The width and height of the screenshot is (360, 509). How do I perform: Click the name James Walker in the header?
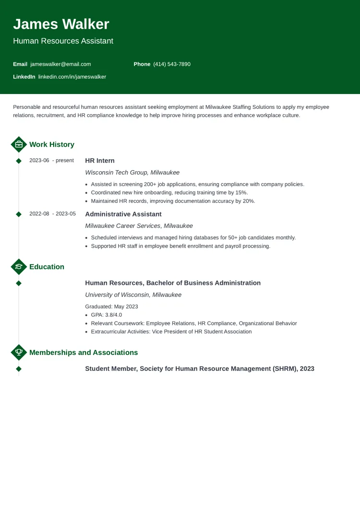(61, 24)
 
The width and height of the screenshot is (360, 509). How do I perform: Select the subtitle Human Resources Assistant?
(63, 41)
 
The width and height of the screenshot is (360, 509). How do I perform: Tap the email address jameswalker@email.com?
(60, 64)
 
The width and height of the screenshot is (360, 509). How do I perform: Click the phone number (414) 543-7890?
(171, 64)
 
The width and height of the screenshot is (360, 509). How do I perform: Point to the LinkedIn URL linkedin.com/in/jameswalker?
(72, 77)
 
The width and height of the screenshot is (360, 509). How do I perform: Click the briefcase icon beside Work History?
(19, 144)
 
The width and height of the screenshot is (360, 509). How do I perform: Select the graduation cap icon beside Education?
(19, 267)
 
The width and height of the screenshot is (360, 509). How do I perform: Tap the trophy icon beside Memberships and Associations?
(19, 353)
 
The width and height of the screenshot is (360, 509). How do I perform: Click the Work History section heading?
(52, 144)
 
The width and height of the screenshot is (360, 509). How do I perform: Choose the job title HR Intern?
(100, 161)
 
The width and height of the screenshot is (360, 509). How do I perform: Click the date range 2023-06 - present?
(51, 161)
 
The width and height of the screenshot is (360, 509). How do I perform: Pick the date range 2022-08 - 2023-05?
(52, 214)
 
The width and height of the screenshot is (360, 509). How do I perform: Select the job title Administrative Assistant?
(123, 214)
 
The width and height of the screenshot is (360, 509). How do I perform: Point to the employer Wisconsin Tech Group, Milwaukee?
(132, 172)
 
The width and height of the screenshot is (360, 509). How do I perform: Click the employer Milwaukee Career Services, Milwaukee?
(139, 225)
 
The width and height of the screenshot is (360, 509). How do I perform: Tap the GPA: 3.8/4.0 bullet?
(106, 315)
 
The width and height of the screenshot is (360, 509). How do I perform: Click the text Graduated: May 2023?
(111, 307)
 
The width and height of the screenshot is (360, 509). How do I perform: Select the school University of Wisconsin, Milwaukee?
(133, 295)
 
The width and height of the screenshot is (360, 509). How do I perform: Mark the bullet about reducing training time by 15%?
(169, 192)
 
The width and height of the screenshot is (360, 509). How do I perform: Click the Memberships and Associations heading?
(84, 353)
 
